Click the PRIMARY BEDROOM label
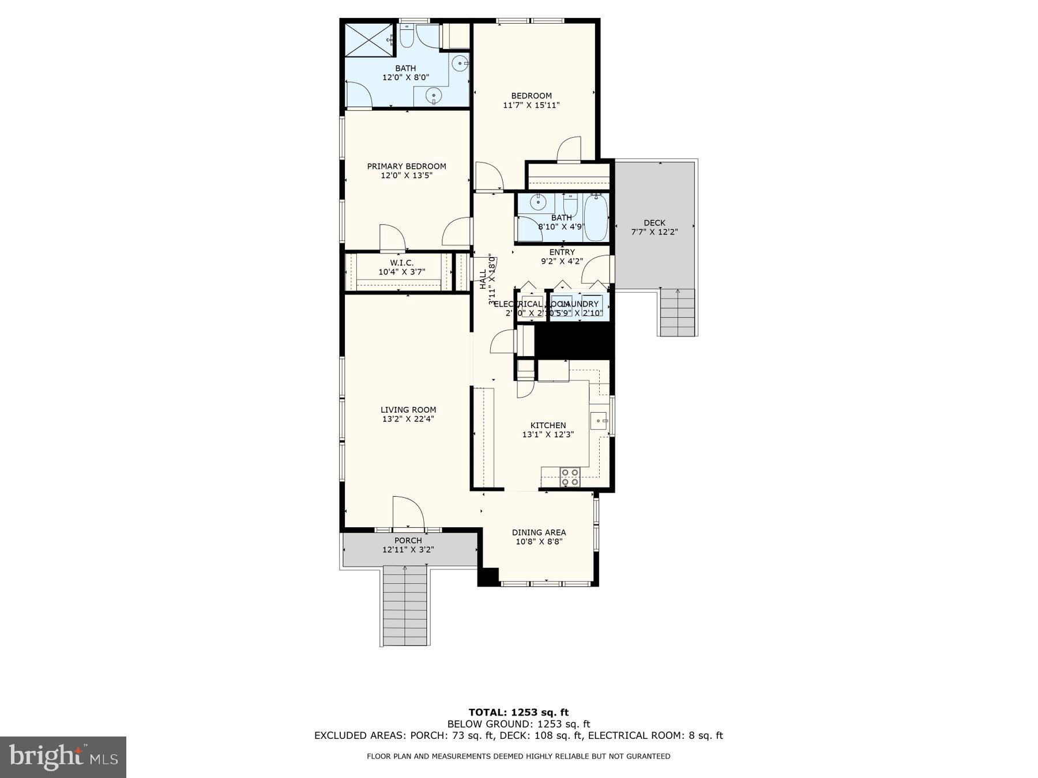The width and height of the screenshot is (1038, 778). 407,166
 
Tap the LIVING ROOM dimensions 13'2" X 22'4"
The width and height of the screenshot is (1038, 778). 408,420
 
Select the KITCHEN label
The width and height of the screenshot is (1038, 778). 548,425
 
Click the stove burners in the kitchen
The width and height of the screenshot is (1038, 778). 570,477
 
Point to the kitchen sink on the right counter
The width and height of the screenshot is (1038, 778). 599,421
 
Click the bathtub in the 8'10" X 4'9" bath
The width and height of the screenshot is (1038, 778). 596,218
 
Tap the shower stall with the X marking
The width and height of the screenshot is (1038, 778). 369,40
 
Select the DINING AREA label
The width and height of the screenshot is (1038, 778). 539,532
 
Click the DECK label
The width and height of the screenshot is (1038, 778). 655,222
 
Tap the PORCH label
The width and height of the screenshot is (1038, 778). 408,541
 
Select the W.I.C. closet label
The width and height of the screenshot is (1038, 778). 401,263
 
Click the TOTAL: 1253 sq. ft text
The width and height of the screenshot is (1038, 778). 518,712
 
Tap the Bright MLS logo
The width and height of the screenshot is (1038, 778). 63,757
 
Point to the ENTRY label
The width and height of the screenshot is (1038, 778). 562,252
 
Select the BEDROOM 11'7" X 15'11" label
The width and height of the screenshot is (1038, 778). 531,96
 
